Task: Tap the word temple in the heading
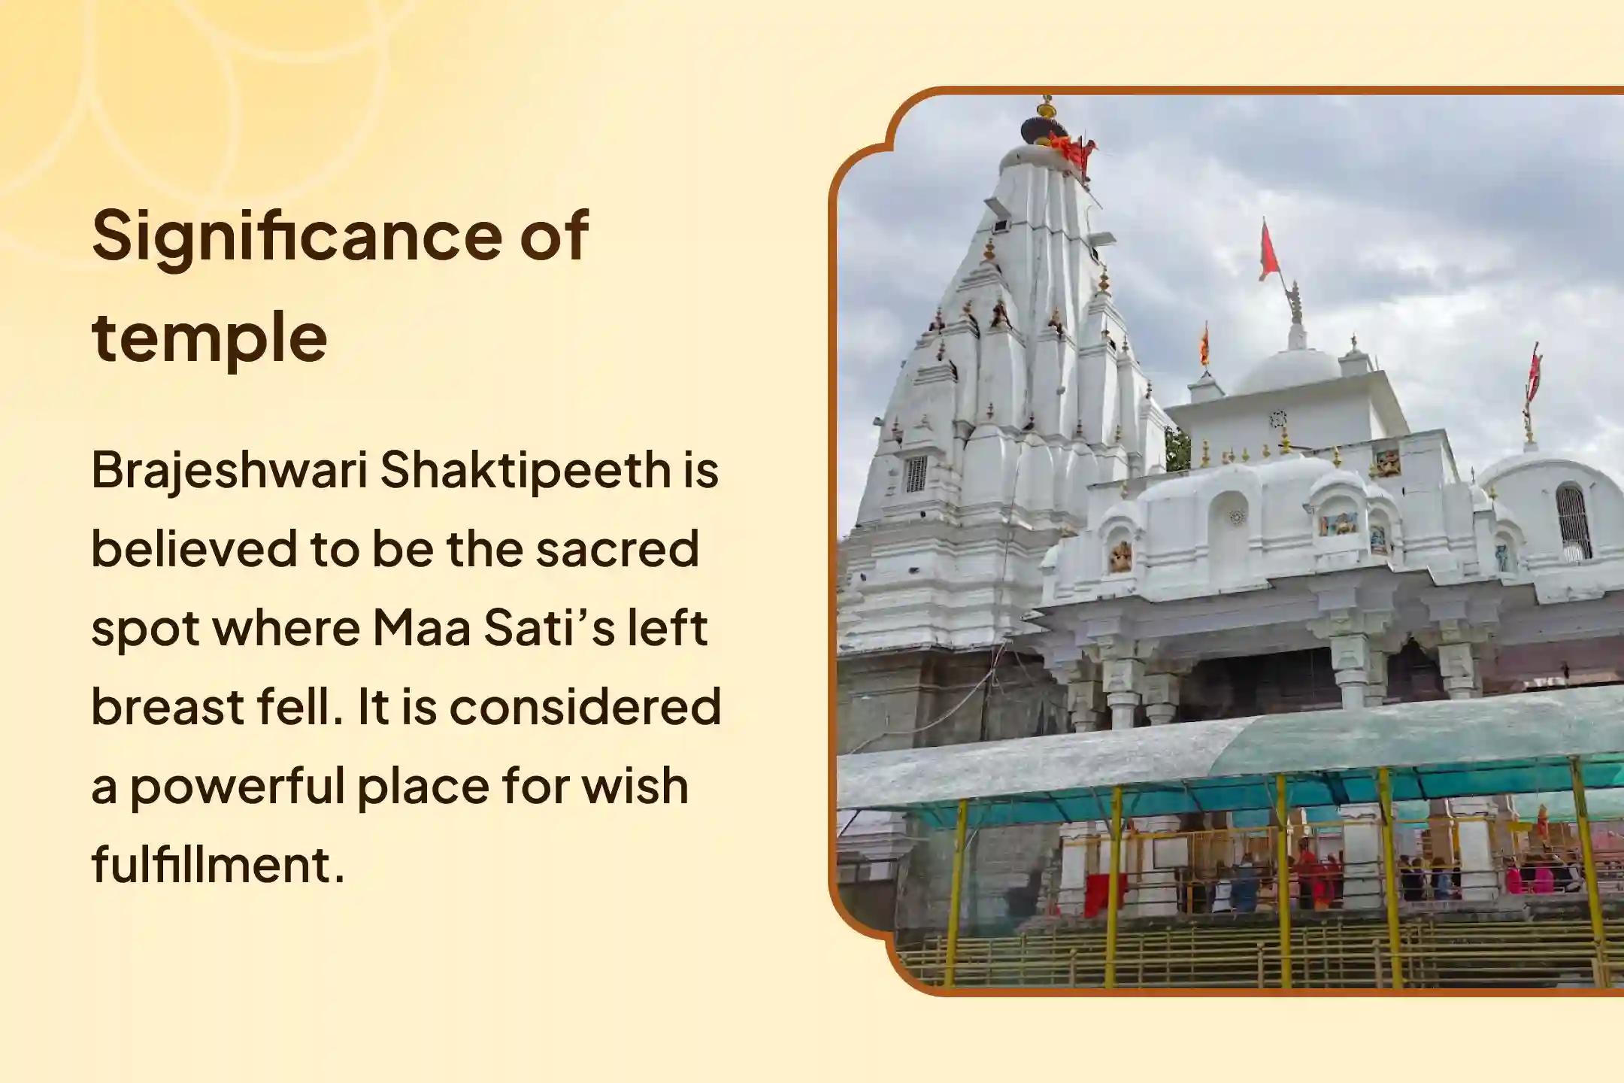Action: [x=210, y=336]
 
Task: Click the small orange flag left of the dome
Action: [x=1204, y=344]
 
